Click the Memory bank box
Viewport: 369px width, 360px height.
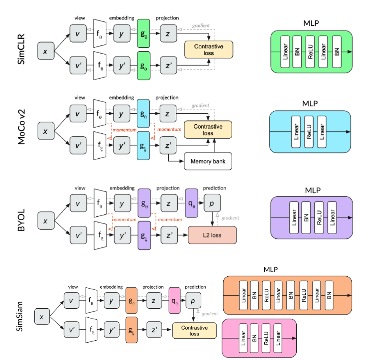tap(208, 161)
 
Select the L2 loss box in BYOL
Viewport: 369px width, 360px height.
tap(212, 235)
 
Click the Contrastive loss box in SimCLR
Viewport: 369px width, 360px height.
tap(209, 50)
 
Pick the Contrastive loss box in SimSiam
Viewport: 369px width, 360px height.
tap(194, 330)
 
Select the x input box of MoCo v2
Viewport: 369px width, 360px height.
tap(46, 131)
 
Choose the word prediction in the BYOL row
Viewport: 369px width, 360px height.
tap(214, 188)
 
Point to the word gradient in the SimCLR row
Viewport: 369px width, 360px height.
tap(200, 26)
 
